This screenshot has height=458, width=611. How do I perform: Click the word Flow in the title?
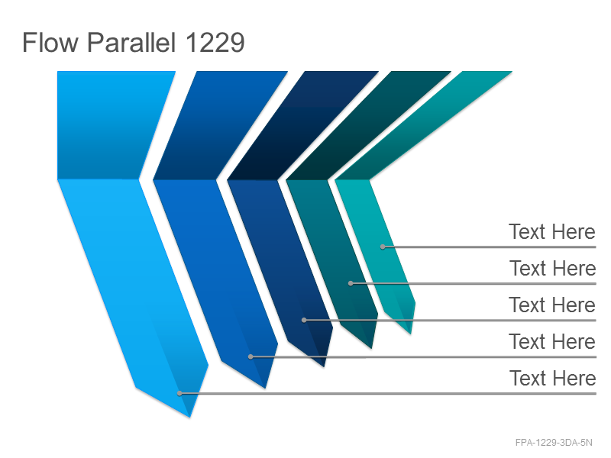pyautogui.click(x=50, y=42)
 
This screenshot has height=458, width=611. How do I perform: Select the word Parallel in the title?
pyautogui.click(x=131, y=42)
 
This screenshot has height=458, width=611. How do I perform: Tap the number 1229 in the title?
pyautogui.click(x=215, y=42)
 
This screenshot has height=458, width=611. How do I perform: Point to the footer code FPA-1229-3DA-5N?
pyautogui.click(x=554, y=443)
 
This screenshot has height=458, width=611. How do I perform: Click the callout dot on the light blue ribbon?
pyautogui.click(x=179, y=393)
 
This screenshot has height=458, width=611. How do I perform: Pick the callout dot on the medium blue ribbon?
pyautogui.click(x=251, y=356)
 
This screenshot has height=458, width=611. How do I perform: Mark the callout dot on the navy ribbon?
pyautogui.click(x=304, y=320)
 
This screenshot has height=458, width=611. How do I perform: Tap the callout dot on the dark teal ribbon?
pyautogui.click(x=351, y=283)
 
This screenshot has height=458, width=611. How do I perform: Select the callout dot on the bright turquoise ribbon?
pyautogui.click(x=383, y=247)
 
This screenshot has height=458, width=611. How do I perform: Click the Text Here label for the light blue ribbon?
pyautogui.click(x=552, y=378)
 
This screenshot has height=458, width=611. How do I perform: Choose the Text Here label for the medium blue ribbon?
pyautogui.click(x=552, y=341)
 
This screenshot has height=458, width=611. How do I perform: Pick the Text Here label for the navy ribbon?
pyautogui.click(x=552, y=305)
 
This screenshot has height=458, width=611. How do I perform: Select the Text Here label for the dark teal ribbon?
pyautogui.click(x=552, y=269)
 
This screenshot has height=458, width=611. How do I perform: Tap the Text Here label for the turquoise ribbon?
pyautogui.click(x=552, y=232)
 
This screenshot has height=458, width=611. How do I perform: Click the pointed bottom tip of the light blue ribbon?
pyautogui.click(x=189, y=417)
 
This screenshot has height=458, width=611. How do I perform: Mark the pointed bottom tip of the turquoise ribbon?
pyautogui.click(x=411, y=334)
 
